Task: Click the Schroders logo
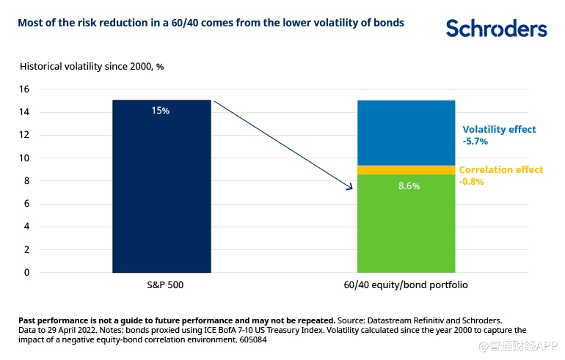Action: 496,29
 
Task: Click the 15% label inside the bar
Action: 161,111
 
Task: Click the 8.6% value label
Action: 409,186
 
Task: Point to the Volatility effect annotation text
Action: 499,129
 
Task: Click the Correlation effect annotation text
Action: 501,169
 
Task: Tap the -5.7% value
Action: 473,141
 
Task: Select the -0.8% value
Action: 471,181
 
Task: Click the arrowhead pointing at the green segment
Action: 351,188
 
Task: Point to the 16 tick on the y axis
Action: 23,89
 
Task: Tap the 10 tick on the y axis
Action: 23,158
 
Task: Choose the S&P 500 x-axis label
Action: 161,284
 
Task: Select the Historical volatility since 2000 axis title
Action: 92,66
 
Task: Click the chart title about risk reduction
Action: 211,23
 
